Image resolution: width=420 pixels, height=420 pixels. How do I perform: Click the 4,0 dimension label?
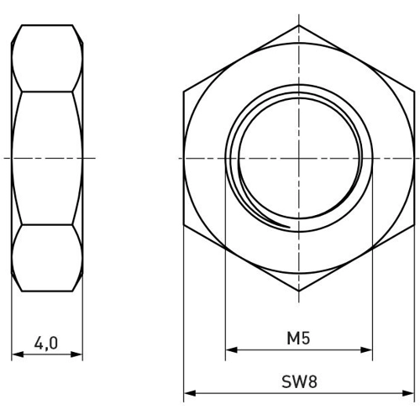(46, 344)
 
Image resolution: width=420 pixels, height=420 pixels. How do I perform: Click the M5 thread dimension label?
(298, 338)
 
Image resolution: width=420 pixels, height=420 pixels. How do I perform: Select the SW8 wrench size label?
(299, 381)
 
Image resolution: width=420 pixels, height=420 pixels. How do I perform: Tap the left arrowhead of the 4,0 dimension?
(18, 354)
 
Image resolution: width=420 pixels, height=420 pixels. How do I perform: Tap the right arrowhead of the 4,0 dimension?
(76, 354)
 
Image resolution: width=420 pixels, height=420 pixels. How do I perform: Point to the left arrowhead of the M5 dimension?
(231, 349)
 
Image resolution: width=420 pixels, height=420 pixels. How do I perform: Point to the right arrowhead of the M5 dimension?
(366, 349)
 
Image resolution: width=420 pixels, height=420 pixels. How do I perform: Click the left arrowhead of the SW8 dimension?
(190, 393)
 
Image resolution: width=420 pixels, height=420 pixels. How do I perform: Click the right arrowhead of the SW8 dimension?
(408, 393)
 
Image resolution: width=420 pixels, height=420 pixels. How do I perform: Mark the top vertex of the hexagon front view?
(299, 25)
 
